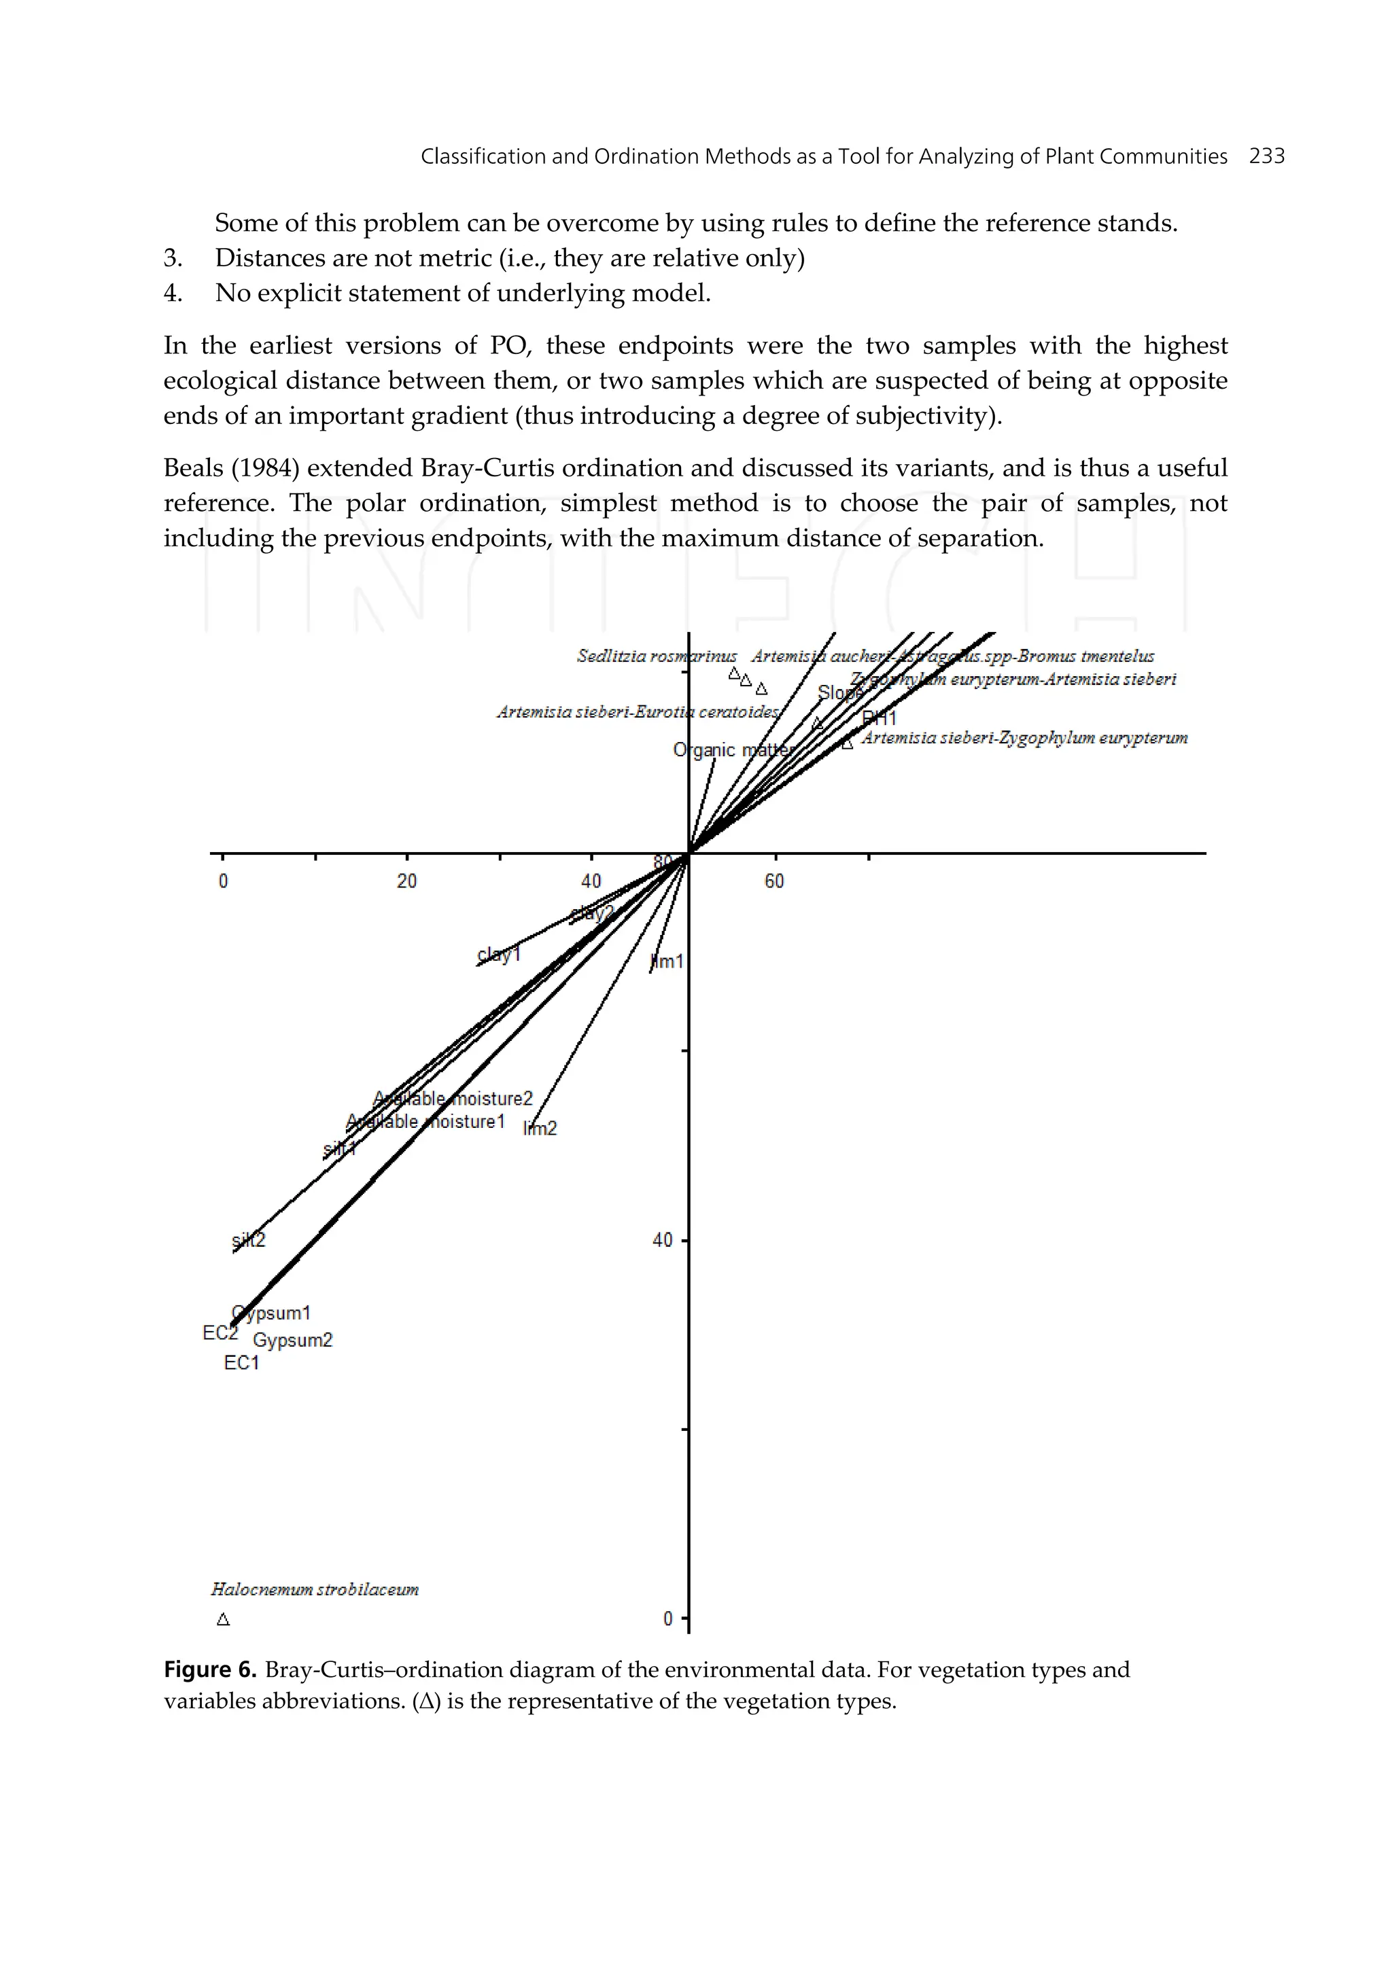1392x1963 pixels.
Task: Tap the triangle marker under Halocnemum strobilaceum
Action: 223,1619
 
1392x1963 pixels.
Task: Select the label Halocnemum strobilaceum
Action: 315,1589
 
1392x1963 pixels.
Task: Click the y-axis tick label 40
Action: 663,1240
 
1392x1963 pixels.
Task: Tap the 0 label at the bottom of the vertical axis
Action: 667,1619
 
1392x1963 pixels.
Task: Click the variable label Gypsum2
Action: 292,1340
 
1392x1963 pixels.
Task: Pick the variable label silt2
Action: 249,1240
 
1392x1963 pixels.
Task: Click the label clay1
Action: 499,954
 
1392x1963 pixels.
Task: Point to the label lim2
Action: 540,1129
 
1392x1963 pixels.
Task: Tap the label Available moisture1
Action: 426,1122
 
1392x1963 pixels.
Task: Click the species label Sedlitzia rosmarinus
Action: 656,656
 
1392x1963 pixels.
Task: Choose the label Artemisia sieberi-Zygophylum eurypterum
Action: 1024,738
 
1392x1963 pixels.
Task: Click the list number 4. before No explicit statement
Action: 173,293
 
